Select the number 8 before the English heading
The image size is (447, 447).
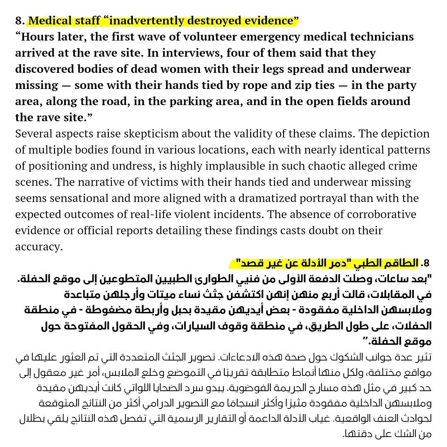19,21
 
